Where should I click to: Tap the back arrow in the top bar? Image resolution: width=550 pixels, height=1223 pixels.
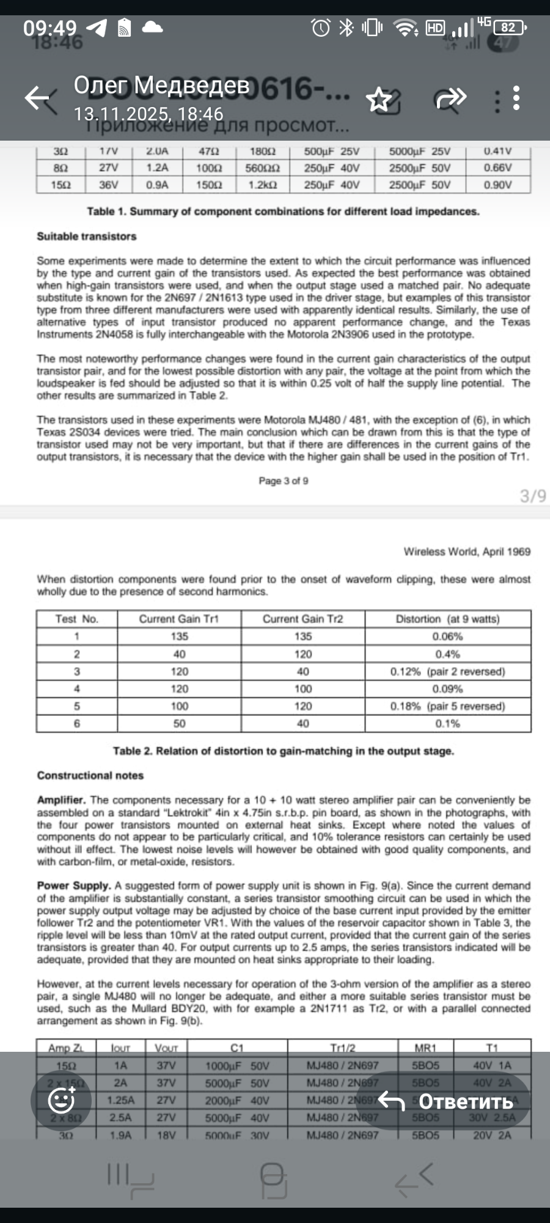click(38, 98)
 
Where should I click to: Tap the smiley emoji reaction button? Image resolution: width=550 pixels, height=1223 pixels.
click(61, 1101)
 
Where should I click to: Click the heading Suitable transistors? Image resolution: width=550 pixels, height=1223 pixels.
click(86, 236)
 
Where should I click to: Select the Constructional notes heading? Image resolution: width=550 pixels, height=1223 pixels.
click(90, 775)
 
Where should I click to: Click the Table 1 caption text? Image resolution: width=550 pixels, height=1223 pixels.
click(283, 212)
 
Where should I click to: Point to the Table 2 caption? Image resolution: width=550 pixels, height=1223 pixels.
click(283, 751)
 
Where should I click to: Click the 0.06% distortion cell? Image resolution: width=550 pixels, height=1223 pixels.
click(447, 637)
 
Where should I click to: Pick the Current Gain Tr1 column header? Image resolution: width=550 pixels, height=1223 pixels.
click(178, 619)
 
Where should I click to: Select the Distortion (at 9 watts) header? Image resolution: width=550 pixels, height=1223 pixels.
click(447, 619)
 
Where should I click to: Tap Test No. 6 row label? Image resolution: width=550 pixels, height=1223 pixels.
click(76, 723)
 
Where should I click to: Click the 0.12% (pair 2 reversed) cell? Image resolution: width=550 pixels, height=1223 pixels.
click(447, 671)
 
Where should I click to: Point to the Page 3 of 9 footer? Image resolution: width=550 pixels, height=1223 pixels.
click(283, 481)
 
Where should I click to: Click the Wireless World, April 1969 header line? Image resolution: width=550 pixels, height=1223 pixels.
click(467, 552)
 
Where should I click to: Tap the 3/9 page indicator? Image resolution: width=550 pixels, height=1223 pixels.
click(532, 496)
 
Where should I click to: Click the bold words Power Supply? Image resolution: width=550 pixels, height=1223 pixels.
click(73, 885)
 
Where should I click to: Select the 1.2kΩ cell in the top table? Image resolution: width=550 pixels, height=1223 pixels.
click(263, 185)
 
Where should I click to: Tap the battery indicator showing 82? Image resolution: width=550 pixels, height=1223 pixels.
click(509, 28)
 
